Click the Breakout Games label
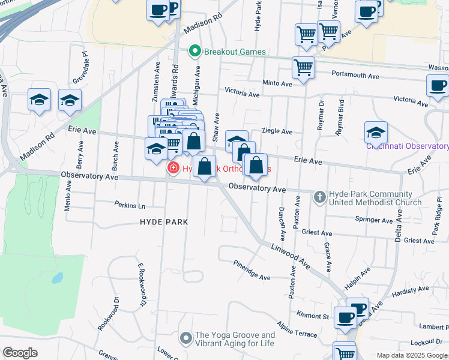[x=235, y=52]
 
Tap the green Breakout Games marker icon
[x=194, y=52]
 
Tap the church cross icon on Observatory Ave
[x=319, y=196]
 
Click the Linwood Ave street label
[x=290, y=255]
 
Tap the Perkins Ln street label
[x=130, y=205]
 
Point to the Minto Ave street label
[x=277, y=83]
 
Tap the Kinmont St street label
[x=313, y=315]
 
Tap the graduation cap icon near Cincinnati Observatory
[x=376, y=130]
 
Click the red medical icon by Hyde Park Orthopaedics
[x=173, y=169]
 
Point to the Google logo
[x=20, y=353]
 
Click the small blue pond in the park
[x=57, y=278]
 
